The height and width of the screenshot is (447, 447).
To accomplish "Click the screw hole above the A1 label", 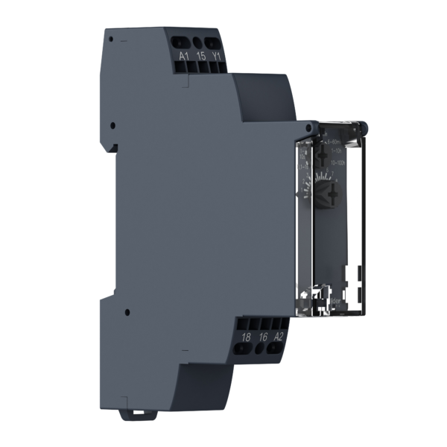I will click(x=184, y=42).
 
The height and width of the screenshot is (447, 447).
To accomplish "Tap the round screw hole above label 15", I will click(x=200, y=42).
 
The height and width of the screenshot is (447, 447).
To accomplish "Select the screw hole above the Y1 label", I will click(x=215, y=42).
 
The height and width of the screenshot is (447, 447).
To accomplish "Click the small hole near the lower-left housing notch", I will click(x=127, y=312).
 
